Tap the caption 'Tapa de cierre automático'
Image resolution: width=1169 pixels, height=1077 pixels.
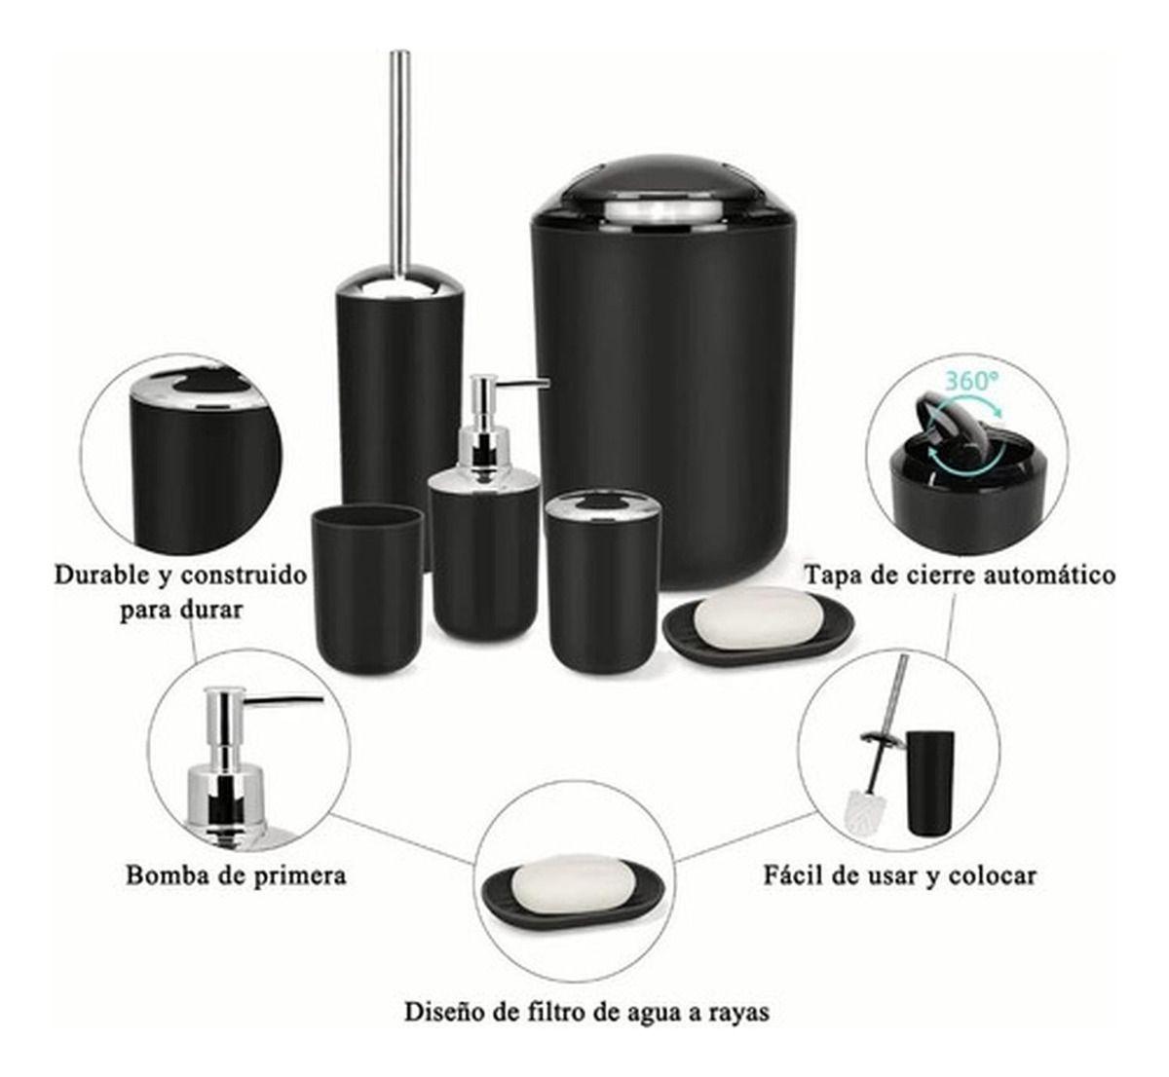(959, 576)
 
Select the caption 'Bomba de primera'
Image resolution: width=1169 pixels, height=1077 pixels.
(236, 874)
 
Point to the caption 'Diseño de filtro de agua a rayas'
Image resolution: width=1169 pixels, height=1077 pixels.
(586, 1012)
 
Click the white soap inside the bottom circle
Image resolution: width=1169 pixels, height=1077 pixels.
(572, 883)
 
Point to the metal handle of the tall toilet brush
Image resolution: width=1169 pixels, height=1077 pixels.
(398, 156)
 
